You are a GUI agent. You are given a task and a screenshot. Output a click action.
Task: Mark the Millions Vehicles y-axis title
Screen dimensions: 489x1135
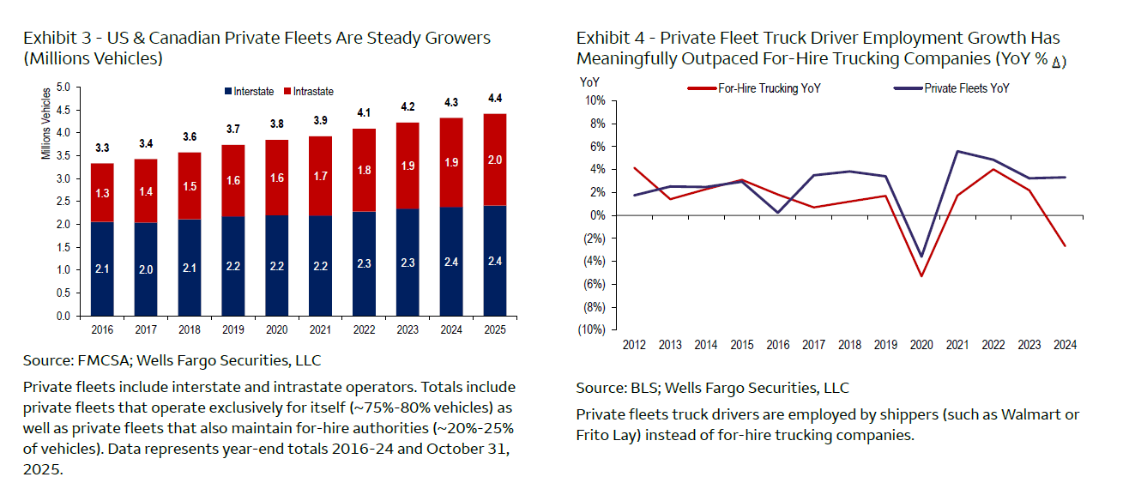(x=45, y=122)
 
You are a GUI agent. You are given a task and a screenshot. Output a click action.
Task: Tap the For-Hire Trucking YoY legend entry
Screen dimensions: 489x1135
(x=763, y=88)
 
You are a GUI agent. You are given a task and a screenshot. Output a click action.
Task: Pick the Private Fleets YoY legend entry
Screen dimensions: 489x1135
(x=958, y=88)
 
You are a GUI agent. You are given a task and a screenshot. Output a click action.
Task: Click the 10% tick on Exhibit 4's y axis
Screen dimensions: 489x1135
(x=595, y=101)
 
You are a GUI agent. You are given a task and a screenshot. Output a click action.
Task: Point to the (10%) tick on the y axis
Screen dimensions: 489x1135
(x=592, y=330)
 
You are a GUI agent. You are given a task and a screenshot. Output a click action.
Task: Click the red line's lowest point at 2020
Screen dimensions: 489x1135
(x=921, y=275)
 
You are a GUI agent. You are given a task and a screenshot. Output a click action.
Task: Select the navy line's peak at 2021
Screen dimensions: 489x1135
(x=957, y=152)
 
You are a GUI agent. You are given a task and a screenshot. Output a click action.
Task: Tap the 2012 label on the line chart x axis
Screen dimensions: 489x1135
(x=634, y=345)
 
